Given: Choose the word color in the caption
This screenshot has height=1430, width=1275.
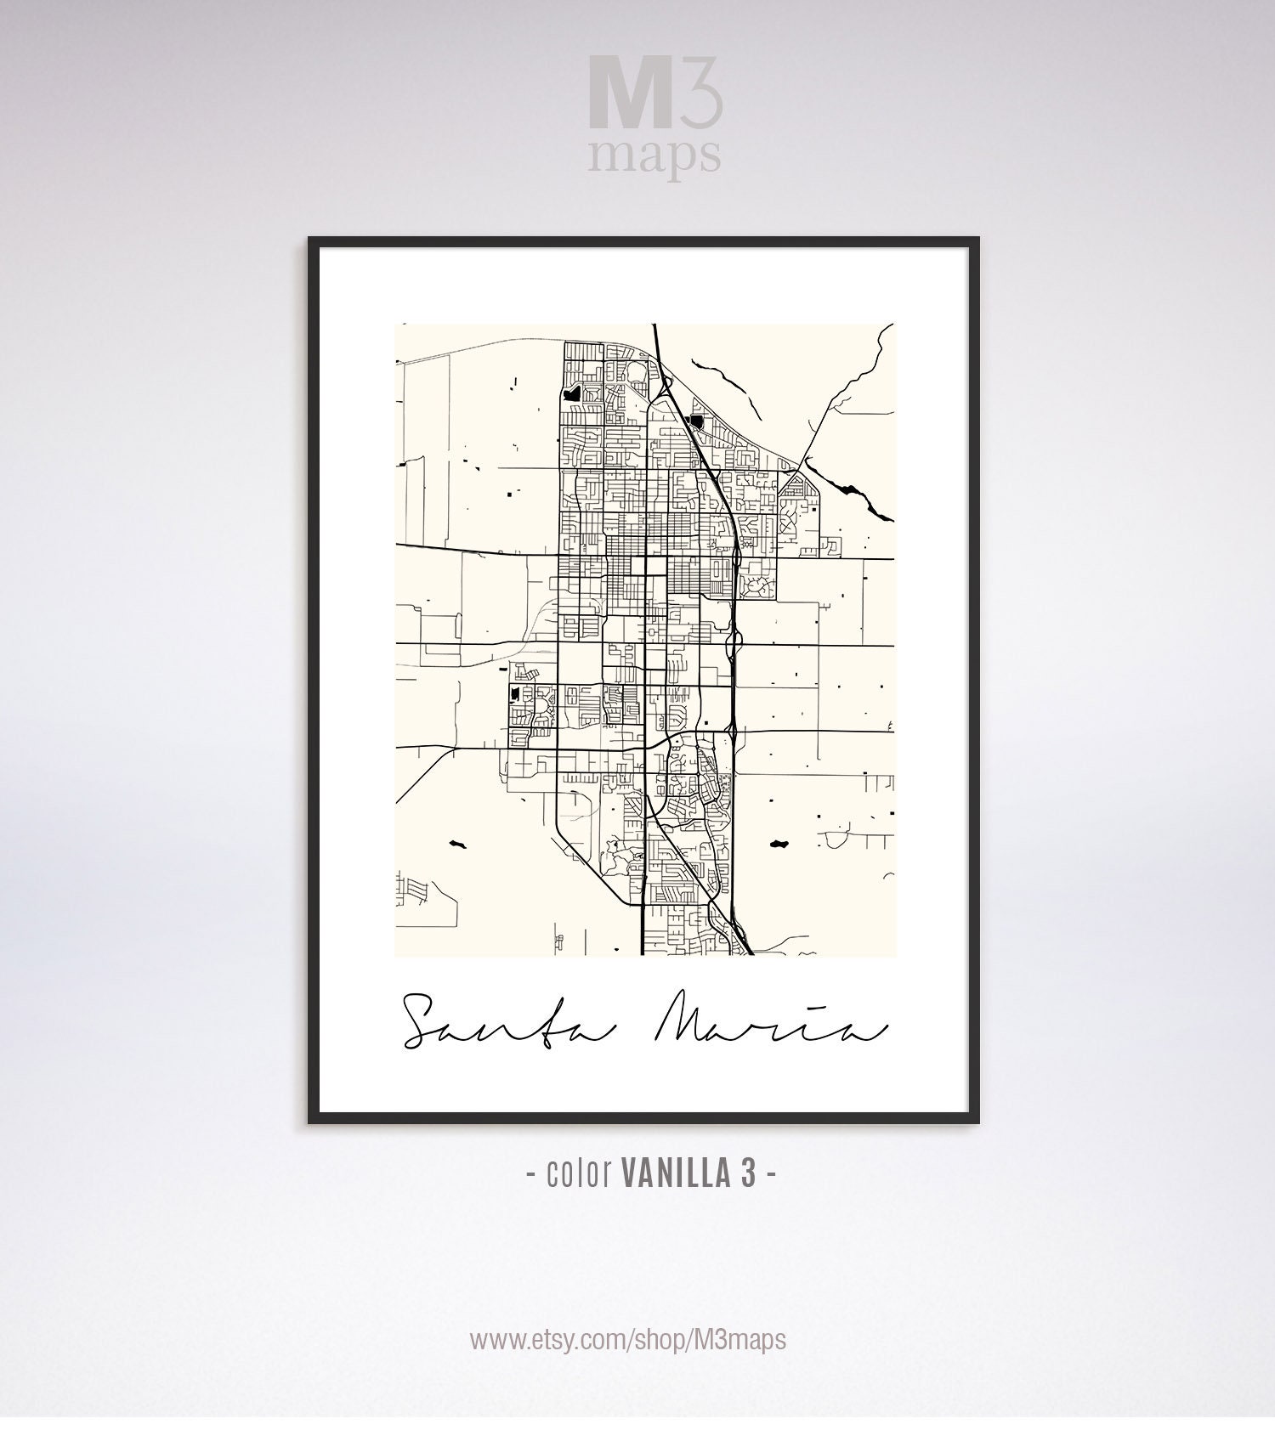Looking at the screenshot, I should pos(581,1174).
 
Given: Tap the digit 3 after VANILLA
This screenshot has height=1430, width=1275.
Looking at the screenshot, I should pos(746,1174).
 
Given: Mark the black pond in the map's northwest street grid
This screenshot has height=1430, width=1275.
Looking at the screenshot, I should pos(569,393).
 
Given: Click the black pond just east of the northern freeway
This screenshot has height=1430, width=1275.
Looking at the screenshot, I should pos(697,421).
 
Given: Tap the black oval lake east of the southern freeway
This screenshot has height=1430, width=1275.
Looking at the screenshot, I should pos(777,844).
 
